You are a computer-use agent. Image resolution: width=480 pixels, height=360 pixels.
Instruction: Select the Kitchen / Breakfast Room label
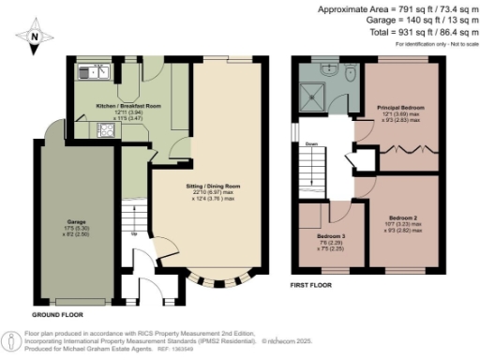coord(128,108)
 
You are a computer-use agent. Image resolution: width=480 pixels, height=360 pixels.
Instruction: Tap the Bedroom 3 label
coord(331,235)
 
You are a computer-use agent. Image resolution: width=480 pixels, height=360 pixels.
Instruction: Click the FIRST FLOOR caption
coord(314,283)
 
